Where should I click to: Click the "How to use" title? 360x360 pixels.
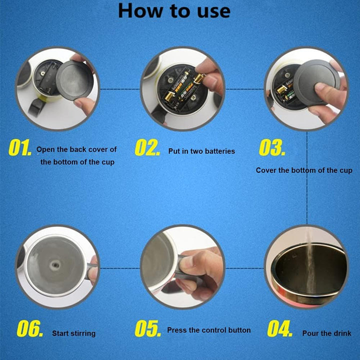coord(174,11)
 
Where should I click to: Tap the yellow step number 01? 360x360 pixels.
coord(20,147)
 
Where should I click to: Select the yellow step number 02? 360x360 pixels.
coord(147,147)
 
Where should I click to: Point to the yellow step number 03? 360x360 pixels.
coord(272,147)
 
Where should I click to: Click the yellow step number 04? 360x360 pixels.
coord(279,328)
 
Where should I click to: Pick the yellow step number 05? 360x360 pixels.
coord(148,328)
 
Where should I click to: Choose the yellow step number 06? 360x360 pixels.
coord(30,328)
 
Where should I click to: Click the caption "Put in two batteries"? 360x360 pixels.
coord(201,151)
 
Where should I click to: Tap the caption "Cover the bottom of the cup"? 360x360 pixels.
coord(304,170)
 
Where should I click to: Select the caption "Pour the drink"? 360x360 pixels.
coord(326,333)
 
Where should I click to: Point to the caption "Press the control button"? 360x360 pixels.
coord(209,330)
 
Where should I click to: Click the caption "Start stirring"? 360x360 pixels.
coord(73,333)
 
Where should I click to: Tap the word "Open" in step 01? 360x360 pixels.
coord(45,149)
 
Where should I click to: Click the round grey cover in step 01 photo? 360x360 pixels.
coord(74,80)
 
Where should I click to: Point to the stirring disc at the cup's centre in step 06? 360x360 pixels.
coord(55,265)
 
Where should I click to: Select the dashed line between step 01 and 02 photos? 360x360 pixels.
coord(120,89)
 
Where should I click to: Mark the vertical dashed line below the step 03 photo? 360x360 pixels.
coord(307,178)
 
